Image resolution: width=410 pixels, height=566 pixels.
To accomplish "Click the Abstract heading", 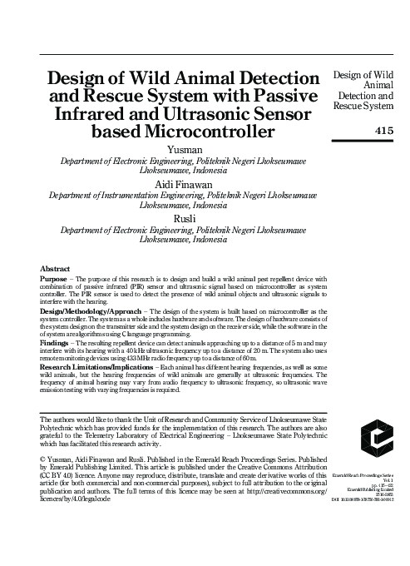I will point(55,269).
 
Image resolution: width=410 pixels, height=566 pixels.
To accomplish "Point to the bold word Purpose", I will point(56,280).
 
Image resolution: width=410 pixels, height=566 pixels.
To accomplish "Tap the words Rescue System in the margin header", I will point(363,106).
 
